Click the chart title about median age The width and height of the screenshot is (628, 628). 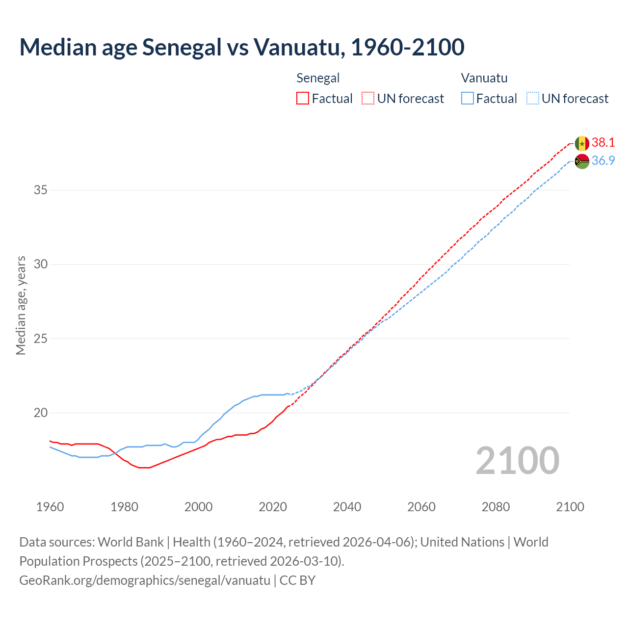tap(241, 47)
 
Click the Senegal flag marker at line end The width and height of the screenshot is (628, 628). tap(582, 143)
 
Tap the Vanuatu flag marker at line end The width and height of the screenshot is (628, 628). tap(582, 161)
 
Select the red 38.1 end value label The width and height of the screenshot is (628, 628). tap(603, 143)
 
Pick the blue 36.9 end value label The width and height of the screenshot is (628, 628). tap(603, 161)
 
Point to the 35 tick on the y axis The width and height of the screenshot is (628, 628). tap(40, 190)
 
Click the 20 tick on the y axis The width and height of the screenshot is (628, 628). tap(40, 413)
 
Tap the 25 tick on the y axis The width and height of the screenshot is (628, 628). tap(40, 339)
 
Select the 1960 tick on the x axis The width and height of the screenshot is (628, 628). tap(50, 507)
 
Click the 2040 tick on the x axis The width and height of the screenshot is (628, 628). tap(347, 507)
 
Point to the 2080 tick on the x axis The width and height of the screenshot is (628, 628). tap(496, 507)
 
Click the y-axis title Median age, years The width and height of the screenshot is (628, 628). tap(21, 305)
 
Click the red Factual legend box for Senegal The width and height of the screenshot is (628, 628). tap(303, 99)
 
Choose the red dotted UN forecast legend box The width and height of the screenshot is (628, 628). tap(368, 99)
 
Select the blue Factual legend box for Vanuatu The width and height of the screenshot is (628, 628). tap(468, 99)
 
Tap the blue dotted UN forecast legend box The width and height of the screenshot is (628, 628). tap(533, 99)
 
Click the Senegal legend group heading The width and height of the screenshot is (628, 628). tap(318, 78)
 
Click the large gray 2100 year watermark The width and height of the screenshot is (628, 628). tap(517, 461)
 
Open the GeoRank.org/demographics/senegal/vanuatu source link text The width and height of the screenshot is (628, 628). tap(145, 580)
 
